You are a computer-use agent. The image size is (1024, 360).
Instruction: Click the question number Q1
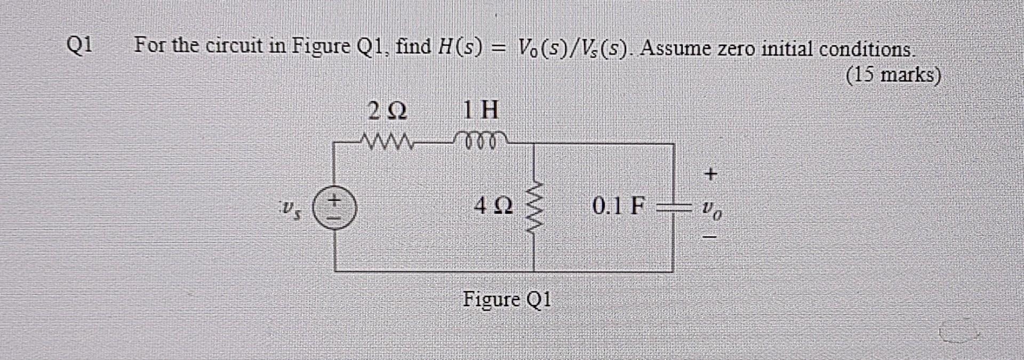80,45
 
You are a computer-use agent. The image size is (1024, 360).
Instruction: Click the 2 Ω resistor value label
388,111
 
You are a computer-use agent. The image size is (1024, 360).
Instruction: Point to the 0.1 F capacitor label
619,205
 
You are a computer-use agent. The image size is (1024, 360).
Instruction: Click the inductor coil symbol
481,140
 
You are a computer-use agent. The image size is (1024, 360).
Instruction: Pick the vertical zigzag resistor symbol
534,208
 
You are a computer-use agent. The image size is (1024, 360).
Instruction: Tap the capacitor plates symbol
673,207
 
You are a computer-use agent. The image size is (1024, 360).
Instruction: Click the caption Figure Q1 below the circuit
506,299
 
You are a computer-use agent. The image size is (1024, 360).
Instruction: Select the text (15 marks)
893,75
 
